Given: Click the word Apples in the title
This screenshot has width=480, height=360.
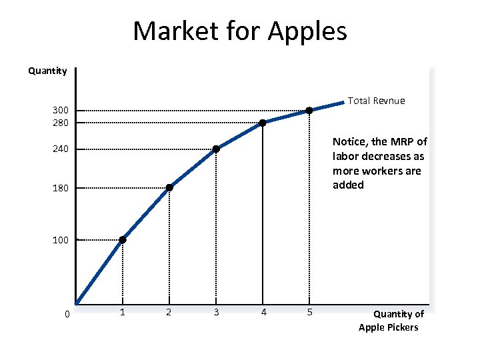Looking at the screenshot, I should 308,31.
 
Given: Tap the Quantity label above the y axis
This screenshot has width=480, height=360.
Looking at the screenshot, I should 47,71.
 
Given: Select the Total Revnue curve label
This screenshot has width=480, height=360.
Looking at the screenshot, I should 377,101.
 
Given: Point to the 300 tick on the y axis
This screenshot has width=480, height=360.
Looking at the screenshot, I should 61,111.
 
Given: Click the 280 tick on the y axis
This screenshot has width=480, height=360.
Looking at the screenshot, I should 61,123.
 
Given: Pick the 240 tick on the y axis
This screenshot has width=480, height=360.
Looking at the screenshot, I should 61,149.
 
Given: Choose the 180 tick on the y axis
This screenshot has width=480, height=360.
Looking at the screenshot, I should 61,188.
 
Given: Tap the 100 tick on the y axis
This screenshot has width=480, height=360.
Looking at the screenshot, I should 61,240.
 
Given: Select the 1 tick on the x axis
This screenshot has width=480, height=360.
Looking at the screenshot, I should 122,312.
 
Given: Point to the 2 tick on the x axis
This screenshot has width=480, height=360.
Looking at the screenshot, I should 169,312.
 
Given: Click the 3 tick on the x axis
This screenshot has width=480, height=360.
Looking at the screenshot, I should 216,312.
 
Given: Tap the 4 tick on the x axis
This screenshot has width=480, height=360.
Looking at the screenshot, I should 263,312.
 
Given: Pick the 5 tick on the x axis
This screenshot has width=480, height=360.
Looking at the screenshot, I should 309,312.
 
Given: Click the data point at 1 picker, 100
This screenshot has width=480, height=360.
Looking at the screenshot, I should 123,240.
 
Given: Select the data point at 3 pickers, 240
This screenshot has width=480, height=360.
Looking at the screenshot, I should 216,149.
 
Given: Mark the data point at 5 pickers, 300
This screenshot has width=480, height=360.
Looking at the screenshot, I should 309,111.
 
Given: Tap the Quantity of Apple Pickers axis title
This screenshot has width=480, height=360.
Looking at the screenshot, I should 389,321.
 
